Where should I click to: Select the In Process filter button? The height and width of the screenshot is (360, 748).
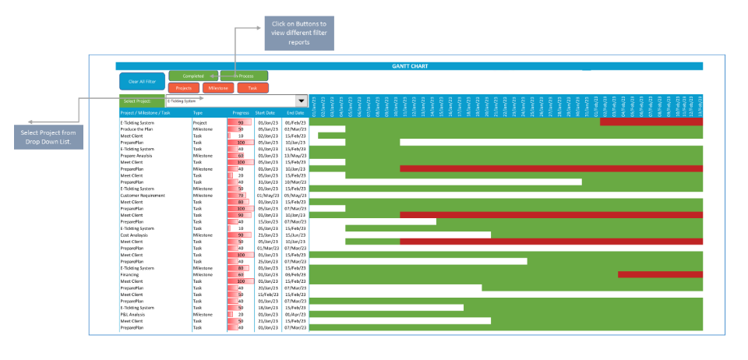point(244,76)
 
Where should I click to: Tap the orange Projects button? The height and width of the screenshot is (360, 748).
point(184,89)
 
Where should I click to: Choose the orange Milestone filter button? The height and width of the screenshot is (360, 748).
point(218,89)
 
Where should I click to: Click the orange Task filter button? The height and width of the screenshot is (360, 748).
point(252,89)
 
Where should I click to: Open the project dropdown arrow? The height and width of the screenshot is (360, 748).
point(302,101)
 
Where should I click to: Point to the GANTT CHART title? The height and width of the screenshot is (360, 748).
point(409,66)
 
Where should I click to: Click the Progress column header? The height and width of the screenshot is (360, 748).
point(240,113)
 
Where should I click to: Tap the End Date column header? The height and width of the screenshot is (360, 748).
point(295,113)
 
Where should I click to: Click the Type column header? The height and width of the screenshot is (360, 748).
point(199,113)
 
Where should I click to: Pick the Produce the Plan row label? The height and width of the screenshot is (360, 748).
point(136,129)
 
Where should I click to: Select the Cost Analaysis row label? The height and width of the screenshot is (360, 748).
point(136,235)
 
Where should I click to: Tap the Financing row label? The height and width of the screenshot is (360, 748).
point(129,274)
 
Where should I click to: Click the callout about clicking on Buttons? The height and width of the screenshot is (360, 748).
point(299,33)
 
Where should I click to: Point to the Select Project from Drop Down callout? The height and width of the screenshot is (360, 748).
point(58,137)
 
